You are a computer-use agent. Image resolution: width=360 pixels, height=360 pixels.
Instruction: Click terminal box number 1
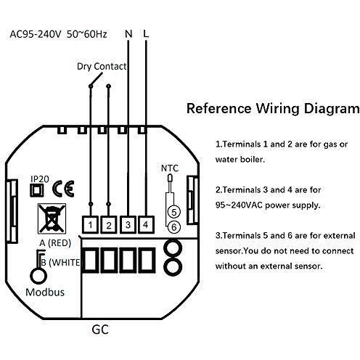click(x=90, y=225)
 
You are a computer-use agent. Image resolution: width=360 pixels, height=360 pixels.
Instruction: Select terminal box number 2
click(x=109, y=225)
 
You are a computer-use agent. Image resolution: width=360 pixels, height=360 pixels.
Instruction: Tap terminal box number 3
click(x=128, y=224)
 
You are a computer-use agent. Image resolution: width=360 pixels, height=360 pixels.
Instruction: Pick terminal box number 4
click(x=146, y=224)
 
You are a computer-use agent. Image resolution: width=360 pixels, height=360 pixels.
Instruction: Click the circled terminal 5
click(x=174, y=212)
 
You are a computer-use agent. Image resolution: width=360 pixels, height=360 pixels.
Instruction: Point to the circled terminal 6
click(x=174, y=227)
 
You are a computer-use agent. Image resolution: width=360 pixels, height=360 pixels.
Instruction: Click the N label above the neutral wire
click(x=128, y=33)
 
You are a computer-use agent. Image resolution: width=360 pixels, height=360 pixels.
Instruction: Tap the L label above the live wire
click(x=146, y=33)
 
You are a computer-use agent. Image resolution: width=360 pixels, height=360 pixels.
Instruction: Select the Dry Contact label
click(x=102, y=66)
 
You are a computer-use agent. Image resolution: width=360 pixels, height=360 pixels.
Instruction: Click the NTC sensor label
click(x=170, y=168)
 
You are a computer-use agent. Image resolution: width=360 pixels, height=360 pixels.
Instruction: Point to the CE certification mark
click(x=63, y=189)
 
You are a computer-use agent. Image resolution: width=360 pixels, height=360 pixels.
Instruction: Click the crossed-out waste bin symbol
click(x=52, y=218)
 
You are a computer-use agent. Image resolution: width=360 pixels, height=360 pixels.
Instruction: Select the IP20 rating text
click(x=40, y=179)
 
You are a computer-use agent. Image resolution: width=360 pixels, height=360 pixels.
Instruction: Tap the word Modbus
click(x=45, y=292)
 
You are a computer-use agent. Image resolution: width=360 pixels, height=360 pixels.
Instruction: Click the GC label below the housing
click(x=100, y=330)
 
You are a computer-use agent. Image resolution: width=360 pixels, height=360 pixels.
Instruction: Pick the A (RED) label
click(x=55, y=242)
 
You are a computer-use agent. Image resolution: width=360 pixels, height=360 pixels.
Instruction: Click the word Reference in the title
click(x=219, y=108)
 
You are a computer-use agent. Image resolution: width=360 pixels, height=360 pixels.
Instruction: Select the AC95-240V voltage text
click(x=36, y=34)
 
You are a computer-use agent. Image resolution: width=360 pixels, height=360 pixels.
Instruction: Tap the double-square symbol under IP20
click(x=37, y=190)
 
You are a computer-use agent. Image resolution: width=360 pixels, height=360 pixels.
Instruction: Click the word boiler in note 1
click(x=252, y=160)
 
